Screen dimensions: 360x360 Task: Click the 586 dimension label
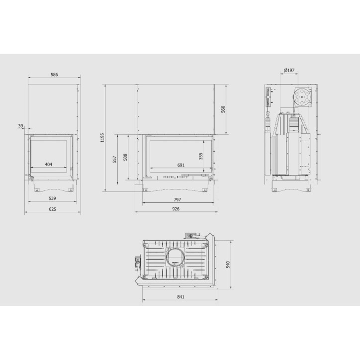[x=54, y=75]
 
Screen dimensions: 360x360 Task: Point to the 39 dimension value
[x=21, y=126]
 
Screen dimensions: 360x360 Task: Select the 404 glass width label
[x=48, y=164]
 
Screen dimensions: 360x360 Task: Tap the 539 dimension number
[x=52, y=198]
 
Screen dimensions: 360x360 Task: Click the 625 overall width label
[x=52, y=209]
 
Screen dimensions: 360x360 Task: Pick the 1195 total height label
[x=102, y=138]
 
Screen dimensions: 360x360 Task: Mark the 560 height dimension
[x=223, y=109]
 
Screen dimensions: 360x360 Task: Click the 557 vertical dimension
[x=114, y=159]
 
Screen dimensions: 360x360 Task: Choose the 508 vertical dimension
[x=125, y=157]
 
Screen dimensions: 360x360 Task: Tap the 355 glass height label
[x=201, y=156]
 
